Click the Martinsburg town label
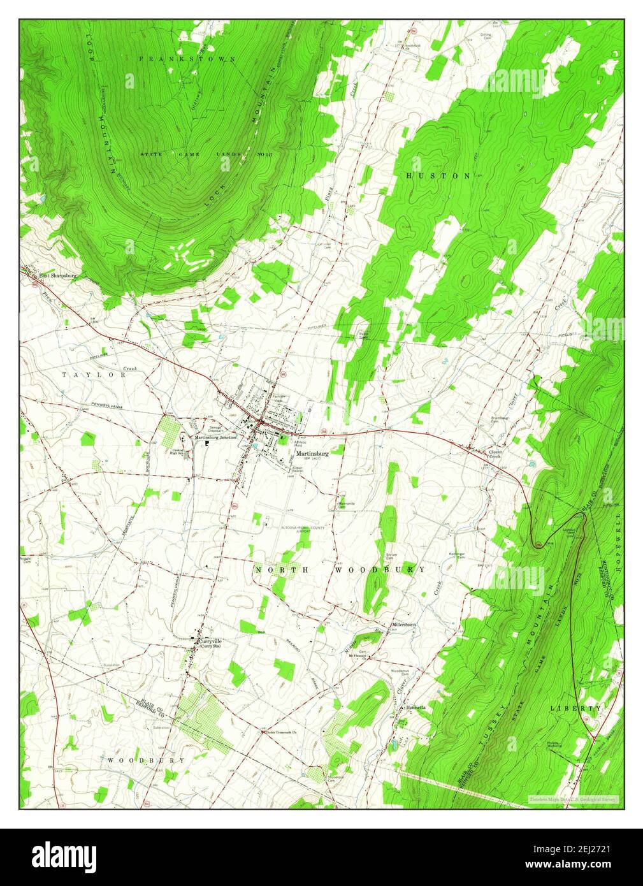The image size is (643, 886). pos(312,454)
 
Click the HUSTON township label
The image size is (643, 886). pos(438,175)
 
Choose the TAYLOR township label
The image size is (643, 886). pos(95,375)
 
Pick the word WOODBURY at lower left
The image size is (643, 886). pos(146,760)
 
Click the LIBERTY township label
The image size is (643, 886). pos(575,708)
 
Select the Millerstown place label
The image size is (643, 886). pos(404,625)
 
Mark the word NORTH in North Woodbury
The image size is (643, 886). pos(278,569)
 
